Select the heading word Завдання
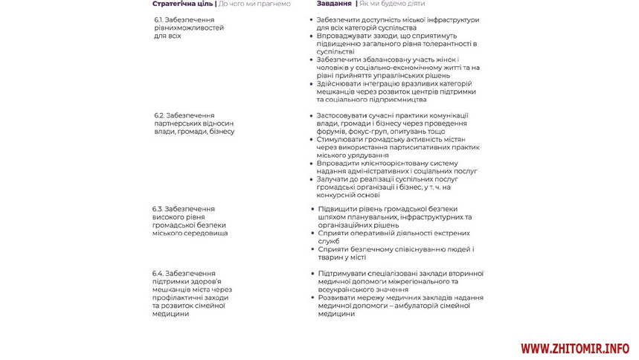(x=335, y=4)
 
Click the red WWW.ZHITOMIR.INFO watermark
(x=575, y=348)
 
